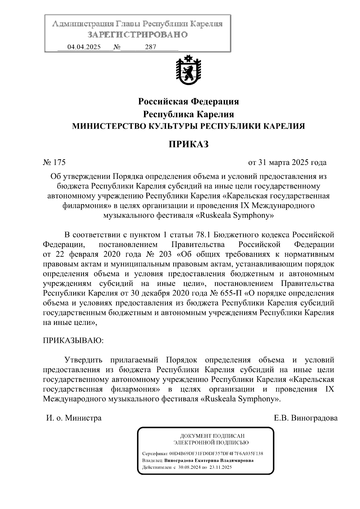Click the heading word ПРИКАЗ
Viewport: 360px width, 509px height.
tap(188, 144)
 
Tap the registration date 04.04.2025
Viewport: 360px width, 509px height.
tap(84, 47)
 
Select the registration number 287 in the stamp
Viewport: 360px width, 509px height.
tap(150, 47)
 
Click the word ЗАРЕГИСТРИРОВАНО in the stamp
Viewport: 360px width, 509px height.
tap(137, 35)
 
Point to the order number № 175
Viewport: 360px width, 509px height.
tap(54, 163)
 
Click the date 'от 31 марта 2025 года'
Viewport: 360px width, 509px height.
tap(287, 163)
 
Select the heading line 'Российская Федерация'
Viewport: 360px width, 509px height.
tap(188, 102)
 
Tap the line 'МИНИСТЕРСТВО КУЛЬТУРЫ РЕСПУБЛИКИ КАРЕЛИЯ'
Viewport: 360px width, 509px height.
tap(188, 126)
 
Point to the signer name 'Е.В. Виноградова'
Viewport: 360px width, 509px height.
tap(305, 418)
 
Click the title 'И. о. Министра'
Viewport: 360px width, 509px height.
tap(74, 418)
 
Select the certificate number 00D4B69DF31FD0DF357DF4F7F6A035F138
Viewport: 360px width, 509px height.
tap(216, 454)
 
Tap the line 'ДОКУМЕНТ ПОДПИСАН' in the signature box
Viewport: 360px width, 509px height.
tap(212, 436)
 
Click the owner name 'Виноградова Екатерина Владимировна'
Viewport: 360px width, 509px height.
tap(209, 460)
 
